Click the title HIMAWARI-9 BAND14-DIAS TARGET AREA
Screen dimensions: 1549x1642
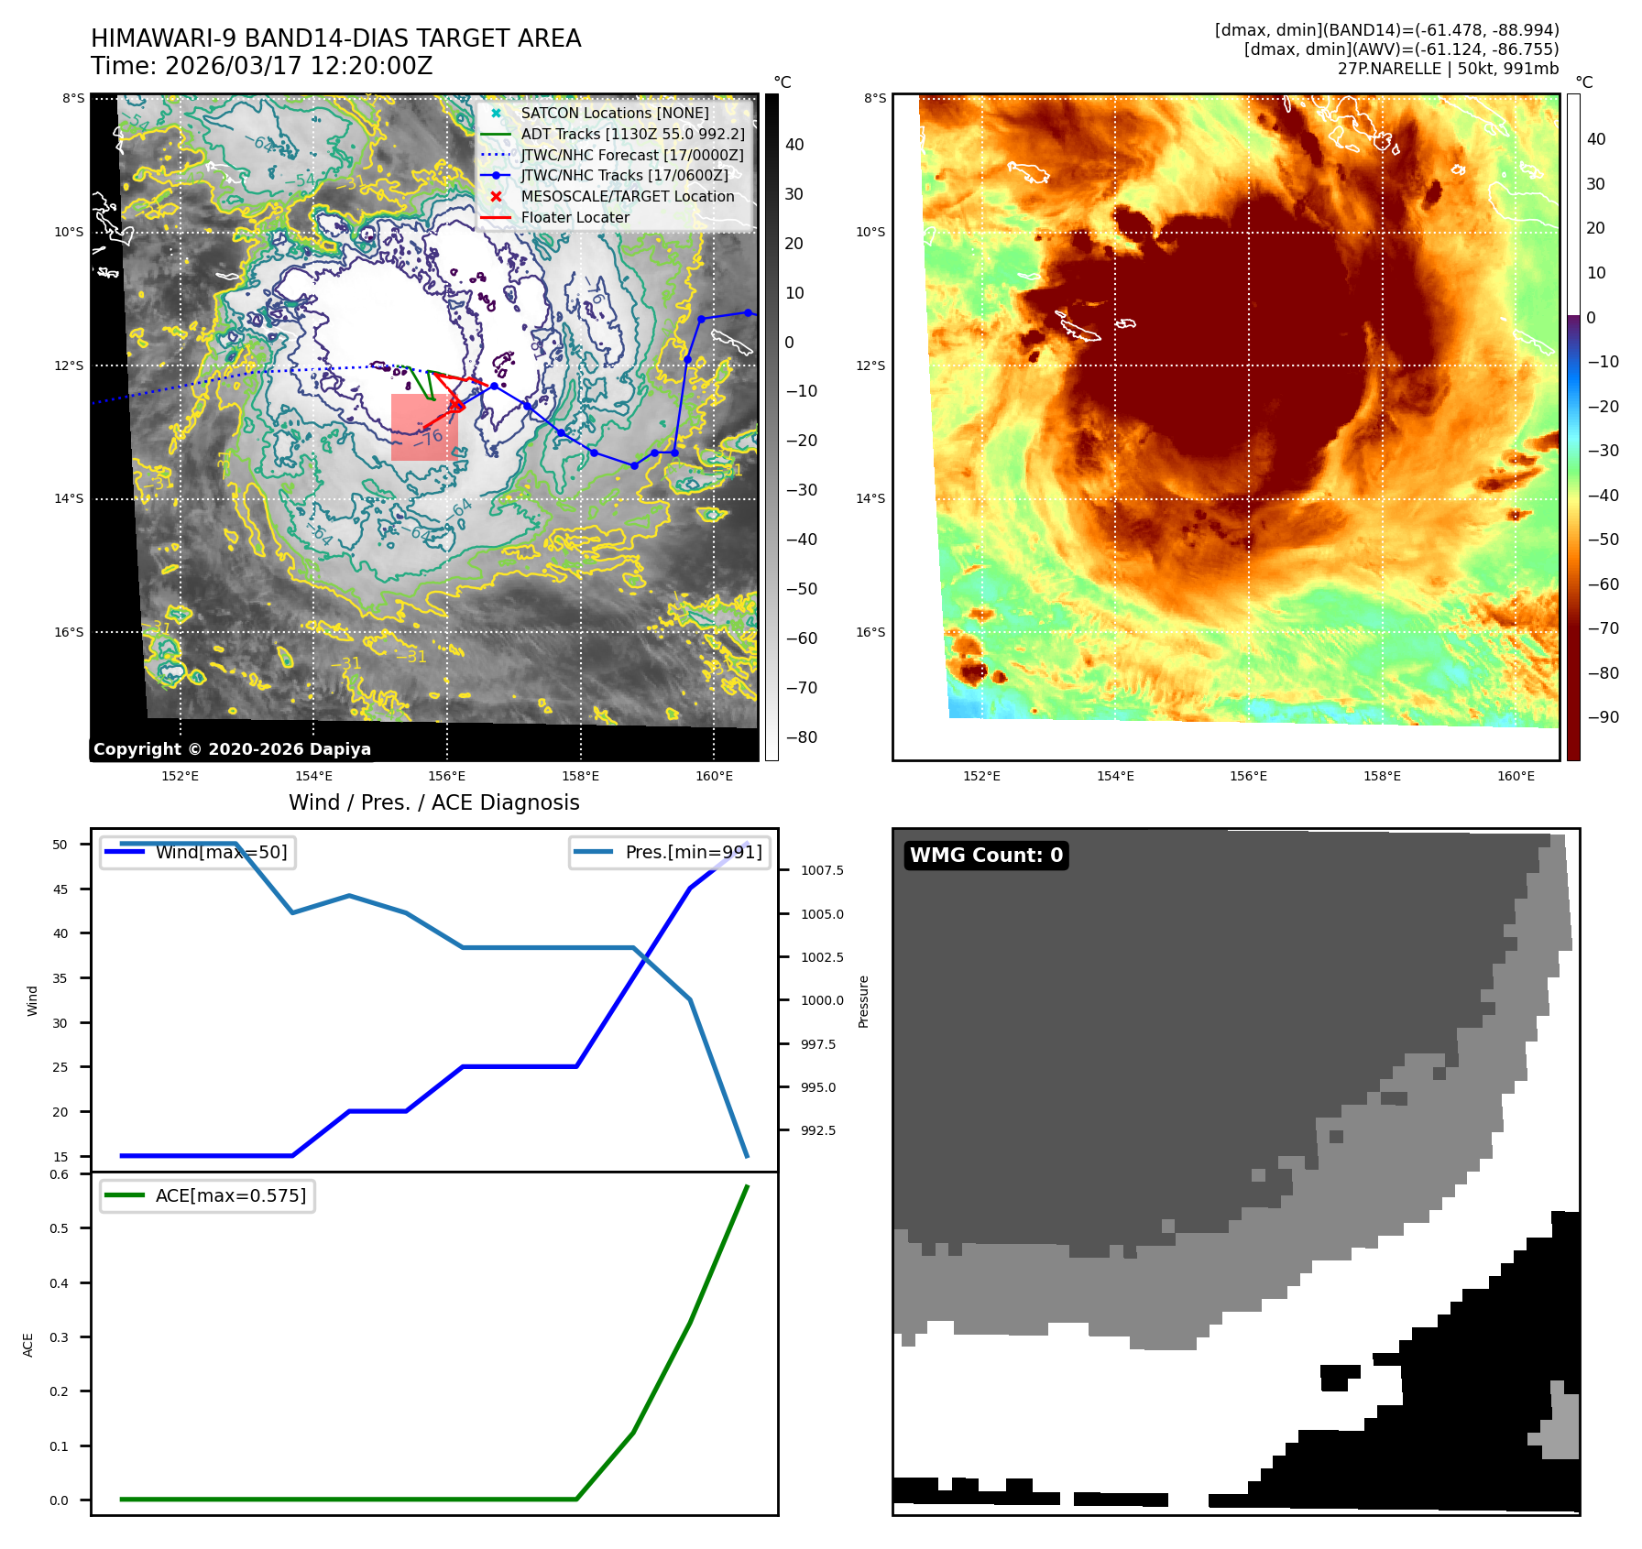pos(335,38)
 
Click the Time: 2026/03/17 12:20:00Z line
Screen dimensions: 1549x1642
pos(261,66)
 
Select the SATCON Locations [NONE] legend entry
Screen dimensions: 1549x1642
pos(614,113)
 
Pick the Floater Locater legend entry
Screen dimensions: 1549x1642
pos(575,217)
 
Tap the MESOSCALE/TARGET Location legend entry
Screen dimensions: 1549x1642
pos(627,196)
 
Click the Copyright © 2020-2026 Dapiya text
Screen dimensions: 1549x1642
pos(232,748)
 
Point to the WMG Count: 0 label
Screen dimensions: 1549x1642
pos(986,855)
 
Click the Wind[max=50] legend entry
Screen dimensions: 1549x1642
pos(221,852)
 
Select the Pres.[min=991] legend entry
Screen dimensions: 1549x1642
pos(693,852)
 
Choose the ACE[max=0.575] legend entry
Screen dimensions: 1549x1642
pos(230,1195)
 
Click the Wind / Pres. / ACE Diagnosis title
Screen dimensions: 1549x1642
pos(434,802)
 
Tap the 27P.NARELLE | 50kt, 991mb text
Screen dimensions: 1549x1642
pos(1448,69)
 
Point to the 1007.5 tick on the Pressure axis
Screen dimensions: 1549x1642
pos(822,870)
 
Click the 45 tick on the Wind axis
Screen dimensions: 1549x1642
pos(60,889)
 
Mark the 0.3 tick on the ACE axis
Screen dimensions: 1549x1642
pos(59,1337)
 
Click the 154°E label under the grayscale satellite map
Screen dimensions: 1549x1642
pos(313,776)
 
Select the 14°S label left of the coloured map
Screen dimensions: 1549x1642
pos(870,498)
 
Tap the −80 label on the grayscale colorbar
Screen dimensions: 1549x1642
pos(801,736)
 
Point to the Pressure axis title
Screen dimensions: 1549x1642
pos(863,1001)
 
